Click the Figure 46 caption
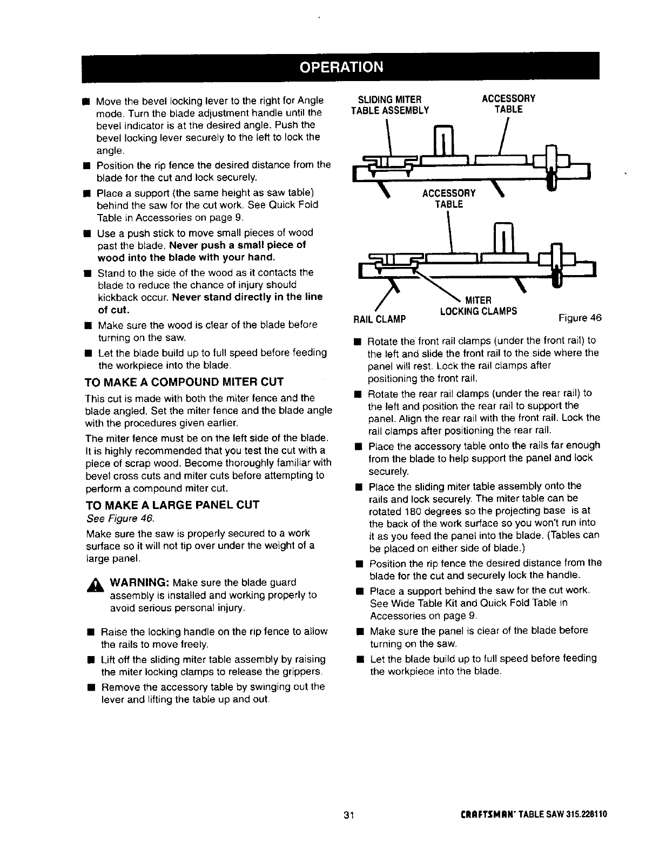click(580, 317)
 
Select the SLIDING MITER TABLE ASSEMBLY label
click(390, 104)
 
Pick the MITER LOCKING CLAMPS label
click(479, 306)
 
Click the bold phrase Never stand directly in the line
click(247, 297)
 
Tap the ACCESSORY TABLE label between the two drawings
click(449, 198)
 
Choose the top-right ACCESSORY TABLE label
click(508, 104)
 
